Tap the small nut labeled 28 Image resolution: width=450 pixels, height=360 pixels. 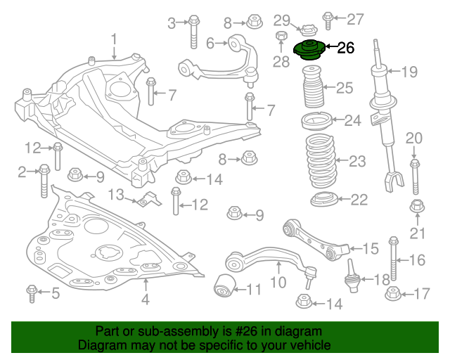coord(281,37)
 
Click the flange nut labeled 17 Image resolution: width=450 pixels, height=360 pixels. coord(392,292)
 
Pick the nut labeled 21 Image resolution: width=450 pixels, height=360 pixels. coord(416,207)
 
